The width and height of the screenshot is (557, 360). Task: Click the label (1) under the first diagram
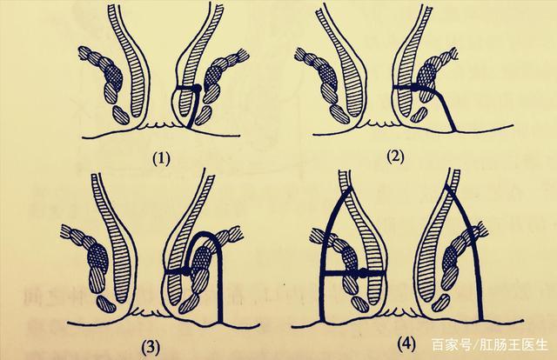(x=161, y=159)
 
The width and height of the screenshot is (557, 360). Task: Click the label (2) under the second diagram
(x=395, y=157)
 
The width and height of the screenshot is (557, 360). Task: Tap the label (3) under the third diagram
(x=151, y=348)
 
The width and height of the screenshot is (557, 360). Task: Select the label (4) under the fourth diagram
(x=406, y=344)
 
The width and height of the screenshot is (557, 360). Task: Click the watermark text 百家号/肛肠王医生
(x=490, y=345)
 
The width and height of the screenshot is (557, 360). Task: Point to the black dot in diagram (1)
(x=198, y=87)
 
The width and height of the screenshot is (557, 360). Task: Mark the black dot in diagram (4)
(x=363, y=273)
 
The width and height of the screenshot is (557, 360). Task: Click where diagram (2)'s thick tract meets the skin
(x=454, y=130)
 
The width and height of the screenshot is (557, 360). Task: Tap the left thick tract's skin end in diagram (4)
(x=323, y=320)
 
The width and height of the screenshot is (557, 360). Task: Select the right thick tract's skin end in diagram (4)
(x=480, y=319)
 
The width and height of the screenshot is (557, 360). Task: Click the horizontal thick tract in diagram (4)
(x=352, y=273)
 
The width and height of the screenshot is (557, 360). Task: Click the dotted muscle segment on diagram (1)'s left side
(x=114, y=76)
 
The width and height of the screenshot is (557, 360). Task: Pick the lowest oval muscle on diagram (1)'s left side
(x=121, y=115)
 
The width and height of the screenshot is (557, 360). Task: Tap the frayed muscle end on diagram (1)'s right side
(x=243, y=55)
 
